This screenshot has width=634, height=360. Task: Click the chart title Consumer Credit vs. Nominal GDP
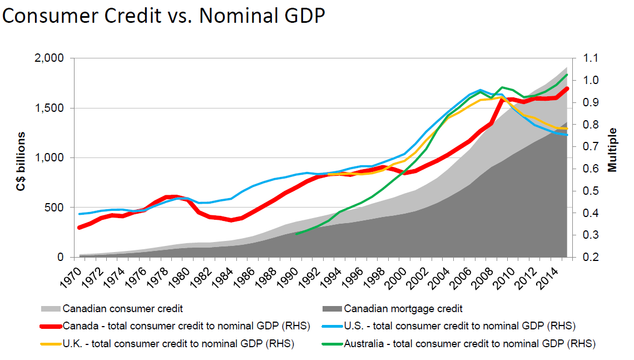pos(164,16)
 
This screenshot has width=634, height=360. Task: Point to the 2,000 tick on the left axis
pos(48,58)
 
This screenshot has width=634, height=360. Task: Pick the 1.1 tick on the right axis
pos(591,58)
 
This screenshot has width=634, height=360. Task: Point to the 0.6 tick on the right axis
pos(591,169)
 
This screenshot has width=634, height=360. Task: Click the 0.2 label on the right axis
pos(591,258)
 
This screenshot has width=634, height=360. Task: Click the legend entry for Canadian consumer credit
pos(122,308)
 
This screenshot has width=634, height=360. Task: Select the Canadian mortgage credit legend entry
pos(403,308)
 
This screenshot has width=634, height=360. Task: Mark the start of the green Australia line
pos(296,234)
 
